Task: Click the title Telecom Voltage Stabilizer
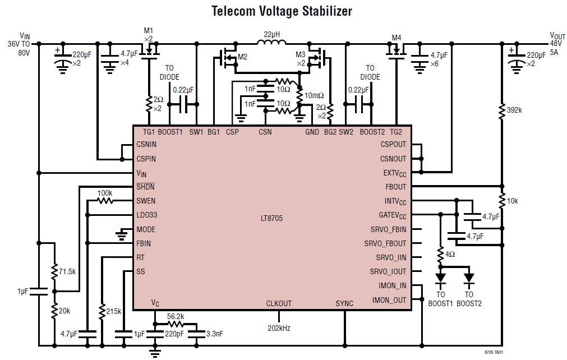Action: pyautogui.click(x=282, y=11)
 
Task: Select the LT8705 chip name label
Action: pyautogui.click(x=271, y=218)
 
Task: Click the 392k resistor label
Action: pyautogui.click(x=514, y=110)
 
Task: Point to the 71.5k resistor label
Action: pyautogui.click(x=67, y=272)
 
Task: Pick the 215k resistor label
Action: pyautogui.click(x=113, y=311)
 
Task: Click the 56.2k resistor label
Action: pyautogui.click(x=176, y=316)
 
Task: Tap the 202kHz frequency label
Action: pyautogui.click(x=278, y=327)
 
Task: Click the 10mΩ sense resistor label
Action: pyautogui.click(x=314, y=96)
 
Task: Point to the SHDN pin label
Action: pyautogui.click(x=145, y=187)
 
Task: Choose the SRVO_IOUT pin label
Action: pyautogui.click(x=388, y=271)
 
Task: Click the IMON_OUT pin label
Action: pyautogui.click(x=389, y=300)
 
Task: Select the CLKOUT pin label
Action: pyautogui.click(x=279, y=303)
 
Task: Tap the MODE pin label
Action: pyautogui.click(x=146, y=229)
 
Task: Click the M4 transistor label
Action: pyautogui.click(x=397, y=38)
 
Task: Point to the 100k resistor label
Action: pyautogui.click(x=105, y=193)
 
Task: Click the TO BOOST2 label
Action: pyautogui.click(x=469, y=299)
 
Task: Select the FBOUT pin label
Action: pyautogui.click(x=395, y=187)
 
